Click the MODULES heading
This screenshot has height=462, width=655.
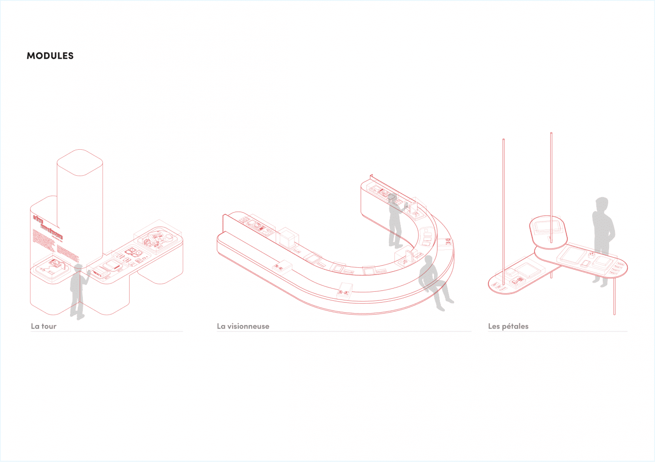(50, 56)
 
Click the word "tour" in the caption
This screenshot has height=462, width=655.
(49, 326)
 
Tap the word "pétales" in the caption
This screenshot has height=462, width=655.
(515, 326)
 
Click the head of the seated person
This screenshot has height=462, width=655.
(428, 261)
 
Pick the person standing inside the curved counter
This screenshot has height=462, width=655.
(395, 223)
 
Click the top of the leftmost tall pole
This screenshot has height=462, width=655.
(504, 140)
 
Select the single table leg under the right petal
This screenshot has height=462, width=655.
(614, 296)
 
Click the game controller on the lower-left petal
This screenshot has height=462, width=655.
(517, 282)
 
